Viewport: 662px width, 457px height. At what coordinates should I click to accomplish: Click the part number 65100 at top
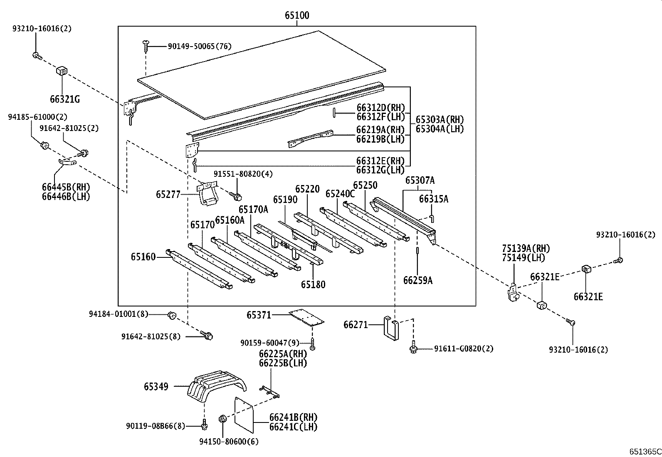coord(297,16)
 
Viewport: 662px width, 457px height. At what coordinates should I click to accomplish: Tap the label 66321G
coord(64,99)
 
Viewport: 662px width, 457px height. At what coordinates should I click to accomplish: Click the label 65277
coord(168,194)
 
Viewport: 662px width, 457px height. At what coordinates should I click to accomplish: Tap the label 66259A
coord(417,281)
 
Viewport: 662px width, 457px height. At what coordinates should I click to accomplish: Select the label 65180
coord(313,284)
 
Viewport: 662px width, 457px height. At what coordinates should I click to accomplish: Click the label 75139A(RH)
coord(526,249)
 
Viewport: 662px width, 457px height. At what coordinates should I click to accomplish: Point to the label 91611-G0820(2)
coord(464,348)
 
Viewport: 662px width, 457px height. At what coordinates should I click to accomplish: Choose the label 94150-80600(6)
coord(229,442)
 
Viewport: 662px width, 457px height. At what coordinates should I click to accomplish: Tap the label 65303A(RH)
coord(440,120)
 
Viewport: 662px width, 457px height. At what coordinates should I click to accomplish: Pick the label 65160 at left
coord(143,257)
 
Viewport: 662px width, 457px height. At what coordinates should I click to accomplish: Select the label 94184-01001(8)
coord(118,314)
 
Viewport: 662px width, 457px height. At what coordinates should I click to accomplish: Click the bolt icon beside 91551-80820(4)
coord(237,195)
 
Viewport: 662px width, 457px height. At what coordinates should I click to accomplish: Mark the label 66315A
coord(433,199)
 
